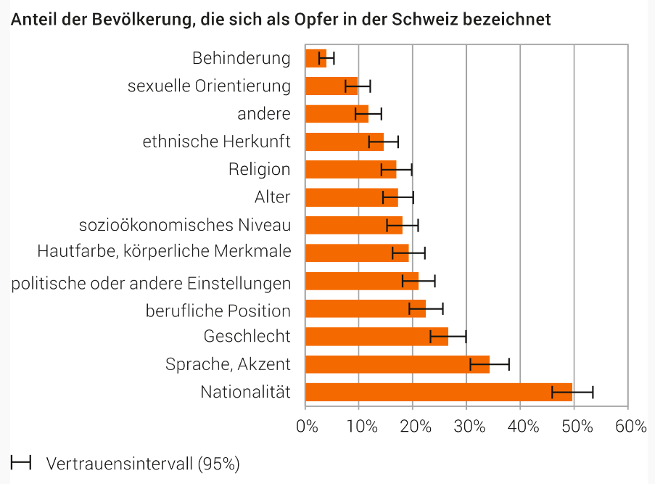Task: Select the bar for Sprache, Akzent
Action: coord(397,364)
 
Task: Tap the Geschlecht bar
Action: coord(376,336)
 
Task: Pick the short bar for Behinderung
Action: coord(316,58)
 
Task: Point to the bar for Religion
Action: coord(350,169)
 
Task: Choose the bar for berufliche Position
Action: coord(366,308)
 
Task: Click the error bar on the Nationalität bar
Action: coord(572,392)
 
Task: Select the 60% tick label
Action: coord(628,426)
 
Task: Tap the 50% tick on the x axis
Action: coord(574,426)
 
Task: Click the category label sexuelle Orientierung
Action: coord(209,86)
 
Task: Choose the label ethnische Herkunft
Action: coord(216,141)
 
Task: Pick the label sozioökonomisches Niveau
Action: coord(185,225)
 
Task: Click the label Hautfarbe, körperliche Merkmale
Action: coord(164,252)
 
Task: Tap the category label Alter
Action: coord(272,197)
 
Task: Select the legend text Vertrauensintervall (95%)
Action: coord(143,463)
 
